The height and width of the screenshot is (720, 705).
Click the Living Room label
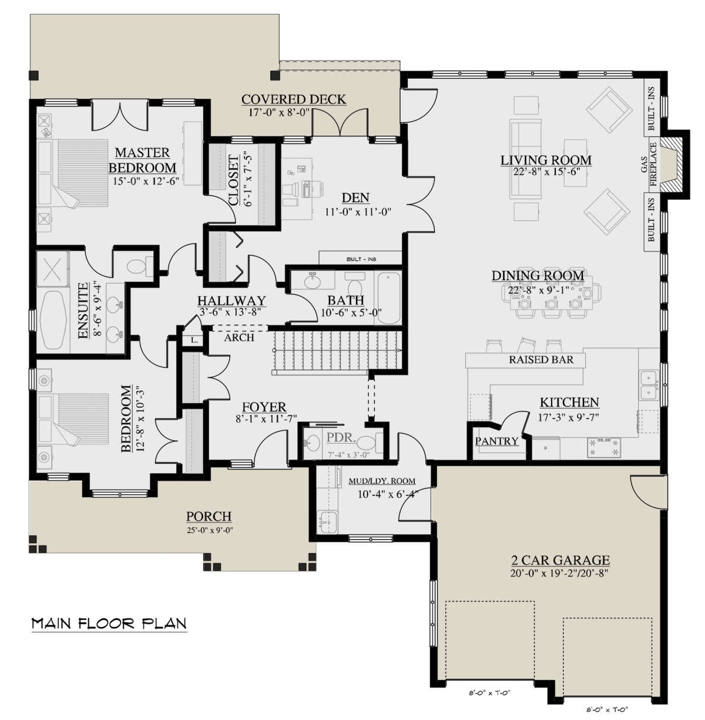(546, 160)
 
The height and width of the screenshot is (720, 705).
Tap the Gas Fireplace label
(649, 164)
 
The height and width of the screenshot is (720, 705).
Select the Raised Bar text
(541, 360)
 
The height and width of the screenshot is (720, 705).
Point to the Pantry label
(496, 441)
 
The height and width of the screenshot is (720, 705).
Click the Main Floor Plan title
(109, 623)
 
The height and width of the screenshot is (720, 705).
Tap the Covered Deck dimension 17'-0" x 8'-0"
(280, 112)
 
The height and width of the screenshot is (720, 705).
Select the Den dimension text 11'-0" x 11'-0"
(358, 212)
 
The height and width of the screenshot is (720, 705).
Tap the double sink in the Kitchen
(649, 386)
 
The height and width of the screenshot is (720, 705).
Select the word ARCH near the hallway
(239, 338)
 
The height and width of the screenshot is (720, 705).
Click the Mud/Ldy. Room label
(382, 481)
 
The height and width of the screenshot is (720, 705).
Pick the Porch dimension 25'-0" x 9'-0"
(210, 530)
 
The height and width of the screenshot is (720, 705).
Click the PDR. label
(341, 437)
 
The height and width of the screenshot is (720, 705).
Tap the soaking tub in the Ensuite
(53, 320)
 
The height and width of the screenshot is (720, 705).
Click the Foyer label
(264, 407)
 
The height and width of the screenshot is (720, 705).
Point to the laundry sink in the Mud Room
(328, 521)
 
